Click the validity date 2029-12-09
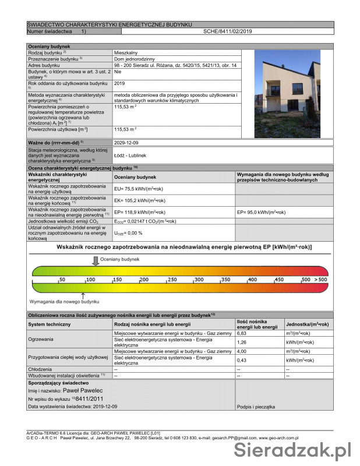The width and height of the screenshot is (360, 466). [x=126, y=143]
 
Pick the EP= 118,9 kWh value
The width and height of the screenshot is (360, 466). [x=140, y=212]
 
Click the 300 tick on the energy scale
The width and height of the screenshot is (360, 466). [x=197, y=280]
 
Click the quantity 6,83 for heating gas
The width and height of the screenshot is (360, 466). [x=242, y=333]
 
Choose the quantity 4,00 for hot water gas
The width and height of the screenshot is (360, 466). [x=242, y=351]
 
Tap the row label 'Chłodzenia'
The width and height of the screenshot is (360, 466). [x=40, y=369]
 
